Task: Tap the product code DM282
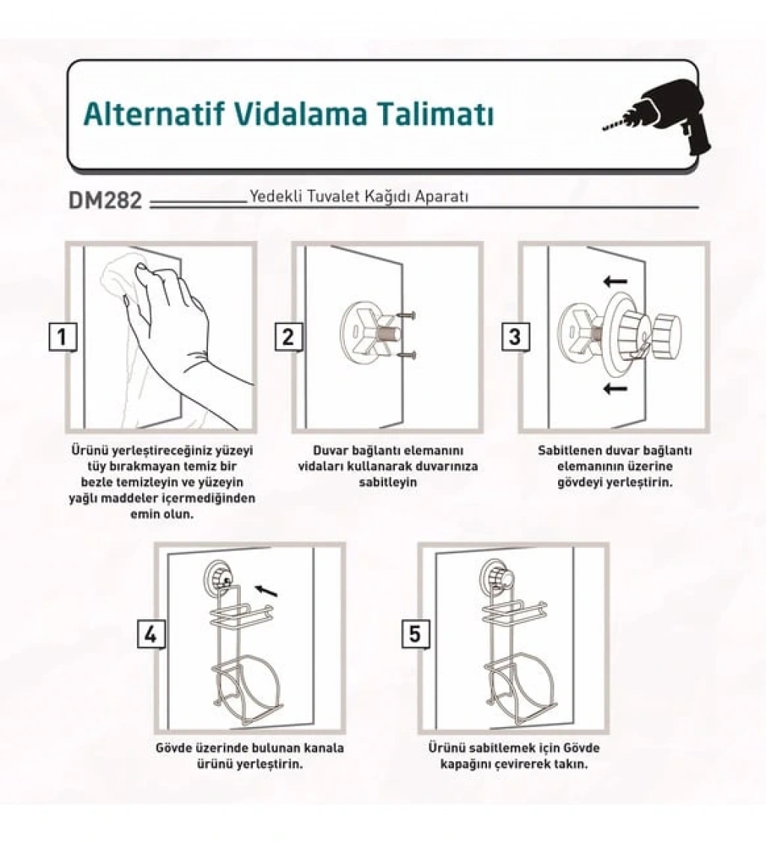click(105, 200)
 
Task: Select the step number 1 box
click(62, 337)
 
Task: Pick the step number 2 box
click(289, 337)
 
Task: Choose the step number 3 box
click(515, 337)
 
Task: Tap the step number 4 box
click(151, 634)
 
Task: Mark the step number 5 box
click(415, 634)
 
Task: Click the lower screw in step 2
click(407, 354)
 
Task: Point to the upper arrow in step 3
click(615, 281)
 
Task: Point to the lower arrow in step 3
click(615, 388)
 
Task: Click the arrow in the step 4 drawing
click(266, 591)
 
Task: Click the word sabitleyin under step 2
click(387, 482)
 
